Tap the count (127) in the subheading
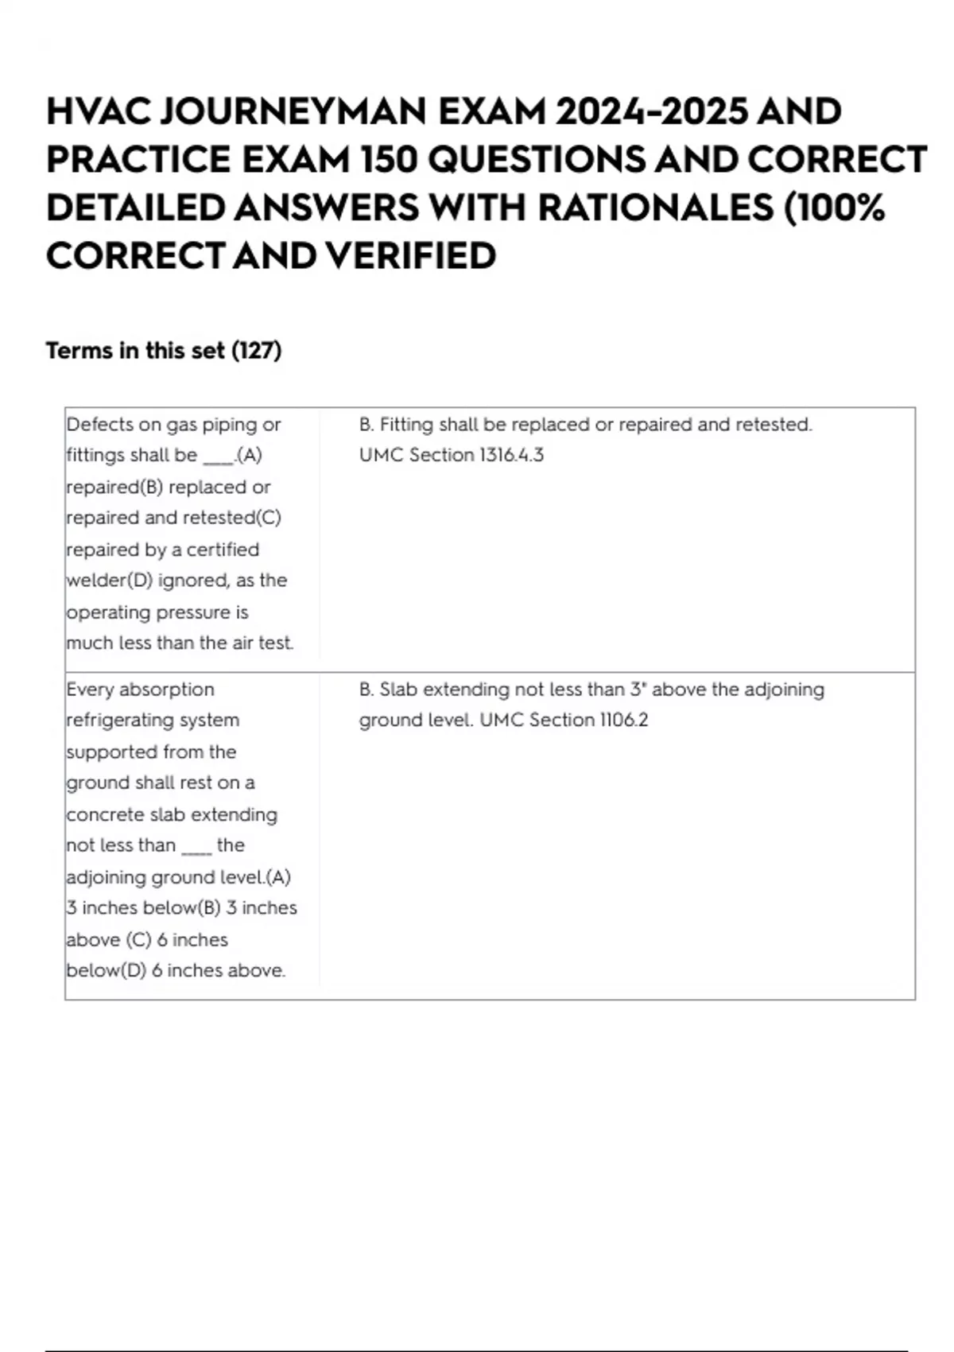point(256,351)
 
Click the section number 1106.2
point(623,721)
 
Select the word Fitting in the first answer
point(406,425)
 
